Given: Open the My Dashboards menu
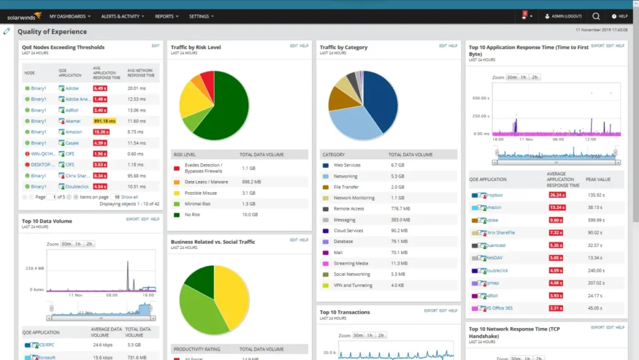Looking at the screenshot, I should click(69, 16).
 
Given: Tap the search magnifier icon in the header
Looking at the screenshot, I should click(596, 16).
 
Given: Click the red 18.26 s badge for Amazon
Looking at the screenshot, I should click(100, 132).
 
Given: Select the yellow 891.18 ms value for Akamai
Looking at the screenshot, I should click(104, 121).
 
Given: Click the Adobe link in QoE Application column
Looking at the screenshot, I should click(72, 88).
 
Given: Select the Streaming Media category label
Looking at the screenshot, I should click(351, 263).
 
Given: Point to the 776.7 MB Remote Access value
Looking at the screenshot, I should click(400, 208).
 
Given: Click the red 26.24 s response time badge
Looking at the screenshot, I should click(556, 195).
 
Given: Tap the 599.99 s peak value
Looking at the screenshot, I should click(596, 220).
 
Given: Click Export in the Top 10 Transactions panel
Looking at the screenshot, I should click(431, 311).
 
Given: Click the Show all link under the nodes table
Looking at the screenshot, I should click(129, 197).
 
